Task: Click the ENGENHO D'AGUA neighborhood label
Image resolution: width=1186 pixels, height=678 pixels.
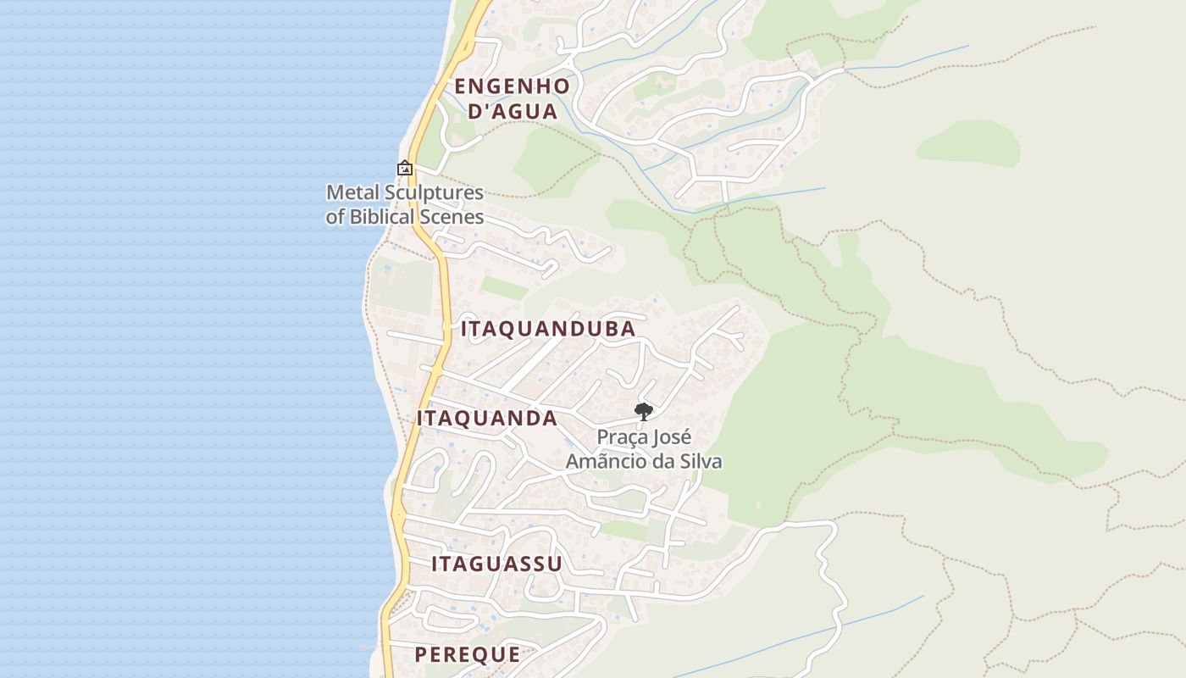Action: click(512, 98)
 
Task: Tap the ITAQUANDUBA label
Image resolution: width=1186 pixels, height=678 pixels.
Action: click(548, 329)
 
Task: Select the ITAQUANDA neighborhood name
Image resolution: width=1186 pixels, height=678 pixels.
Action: click(487, 418)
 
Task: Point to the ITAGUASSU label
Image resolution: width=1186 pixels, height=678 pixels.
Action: click(496, 564)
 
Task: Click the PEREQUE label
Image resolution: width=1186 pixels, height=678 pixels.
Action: click(468, 654)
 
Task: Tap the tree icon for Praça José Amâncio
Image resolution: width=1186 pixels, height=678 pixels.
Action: click(644, 412)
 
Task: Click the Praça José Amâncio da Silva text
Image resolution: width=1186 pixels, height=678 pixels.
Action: click(644, 449)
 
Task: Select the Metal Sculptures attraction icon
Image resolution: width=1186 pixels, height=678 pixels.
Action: click(405, 169)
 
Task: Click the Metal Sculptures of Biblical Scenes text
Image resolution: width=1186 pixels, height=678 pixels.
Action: click(405, 204)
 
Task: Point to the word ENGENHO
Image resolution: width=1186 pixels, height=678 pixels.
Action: click(512, 86)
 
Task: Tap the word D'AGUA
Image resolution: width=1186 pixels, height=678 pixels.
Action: click(513, 111)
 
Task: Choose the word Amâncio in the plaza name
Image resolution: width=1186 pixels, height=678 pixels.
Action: click(602, 462)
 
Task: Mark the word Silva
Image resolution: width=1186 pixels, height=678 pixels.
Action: click(698, 462)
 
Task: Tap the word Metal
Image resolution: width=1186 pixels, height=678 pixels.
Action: click(348, 192)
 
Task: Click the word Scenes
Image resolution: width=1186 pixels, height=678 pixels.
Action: click(451, 217)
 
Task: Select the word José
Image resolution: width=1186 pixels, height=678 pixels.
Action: click(673, 437)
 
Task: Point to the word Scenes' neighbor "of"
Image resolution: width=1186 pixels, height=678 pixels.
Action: click(335, 217)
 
